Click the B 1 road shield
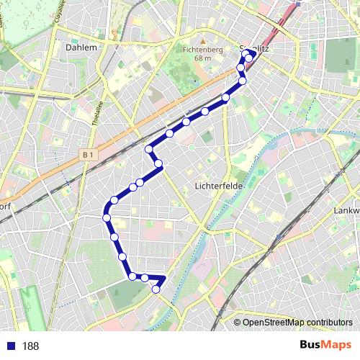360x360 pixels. coord(89,154)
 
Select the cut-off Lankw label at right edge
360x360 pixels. coord(347,210)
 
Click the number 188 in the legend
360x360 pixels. coord(30,346)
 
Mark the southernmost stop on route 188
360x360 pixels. coord(156,289)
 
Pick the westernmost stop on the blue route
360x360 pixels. coord(107,217)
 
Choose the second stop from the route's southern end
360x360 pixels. coord(145,278)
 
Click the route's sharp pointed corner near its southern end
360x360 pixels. coord(166,277)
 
